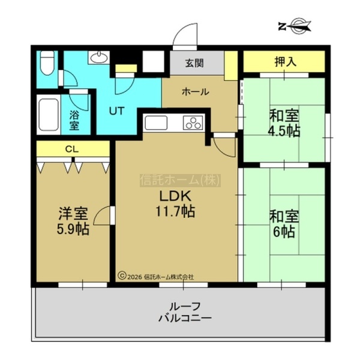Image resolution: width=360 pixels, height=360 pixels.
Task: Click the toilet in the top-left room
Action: pyautogui.click(x=47, y=62)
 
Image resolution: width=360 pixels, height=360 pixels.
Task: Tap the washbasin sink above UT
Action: pyautogui.click(x=99, y=57)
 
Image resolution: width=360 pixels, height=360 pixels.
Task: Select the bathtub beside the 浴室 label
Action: pyautogui.click(x=49, y=115)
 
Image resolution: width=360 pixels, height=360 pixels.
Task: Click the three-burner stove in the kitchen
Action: pyautogui.click(x=193, y=122)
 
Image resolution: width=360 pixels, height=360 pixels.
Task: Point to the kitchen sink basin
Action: pyautogui.click(x=156, y=122)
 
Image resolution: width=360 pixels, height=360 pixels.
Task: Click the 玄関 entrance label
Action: pyautogui.click(x=194, y=63)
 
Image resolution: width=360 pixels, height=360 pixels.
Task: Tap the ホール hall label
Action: pyautogui.click(x=196, y=92)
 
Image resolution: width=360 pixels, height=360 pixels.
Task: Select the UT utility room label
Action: pyautogui.click(x=116, y=111)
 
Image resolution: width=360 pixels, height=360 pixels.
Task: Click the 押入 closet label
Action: pyautogui.click(x=286, y=62)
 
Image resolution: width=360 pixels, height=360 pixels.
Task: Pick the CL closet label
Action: pyautogui.click(x=72, y=149)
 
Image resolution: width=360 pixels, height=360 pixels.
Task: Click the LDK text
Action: pyautogui.click(x=176, y=196)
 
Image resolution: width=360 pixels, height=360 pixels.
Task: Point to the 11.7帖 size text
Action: pyautogui.click(x=176, y=211)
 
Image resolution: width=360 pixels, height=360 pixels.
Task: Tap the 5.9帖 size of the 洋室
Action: pyautogui.click(x=73, y=229)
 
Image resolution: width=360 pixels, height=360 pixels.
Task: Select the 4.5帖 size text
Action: pyautogui.click(x=284, y=131)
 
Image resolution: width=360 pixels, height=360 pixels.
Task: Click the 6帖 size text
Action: pyautogui.click(x=284, y=232)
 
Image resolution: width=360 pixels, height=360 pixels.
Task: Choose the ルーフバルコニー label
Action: pyautogui.click(x=185, y=312)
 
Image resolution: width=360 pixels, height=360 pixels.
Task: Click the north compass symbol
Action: pyautogui.click(x=295, y=26)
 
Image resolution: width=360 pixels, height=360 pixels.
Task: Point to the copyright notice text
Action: pyautogui.click(x=156, y=276)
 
